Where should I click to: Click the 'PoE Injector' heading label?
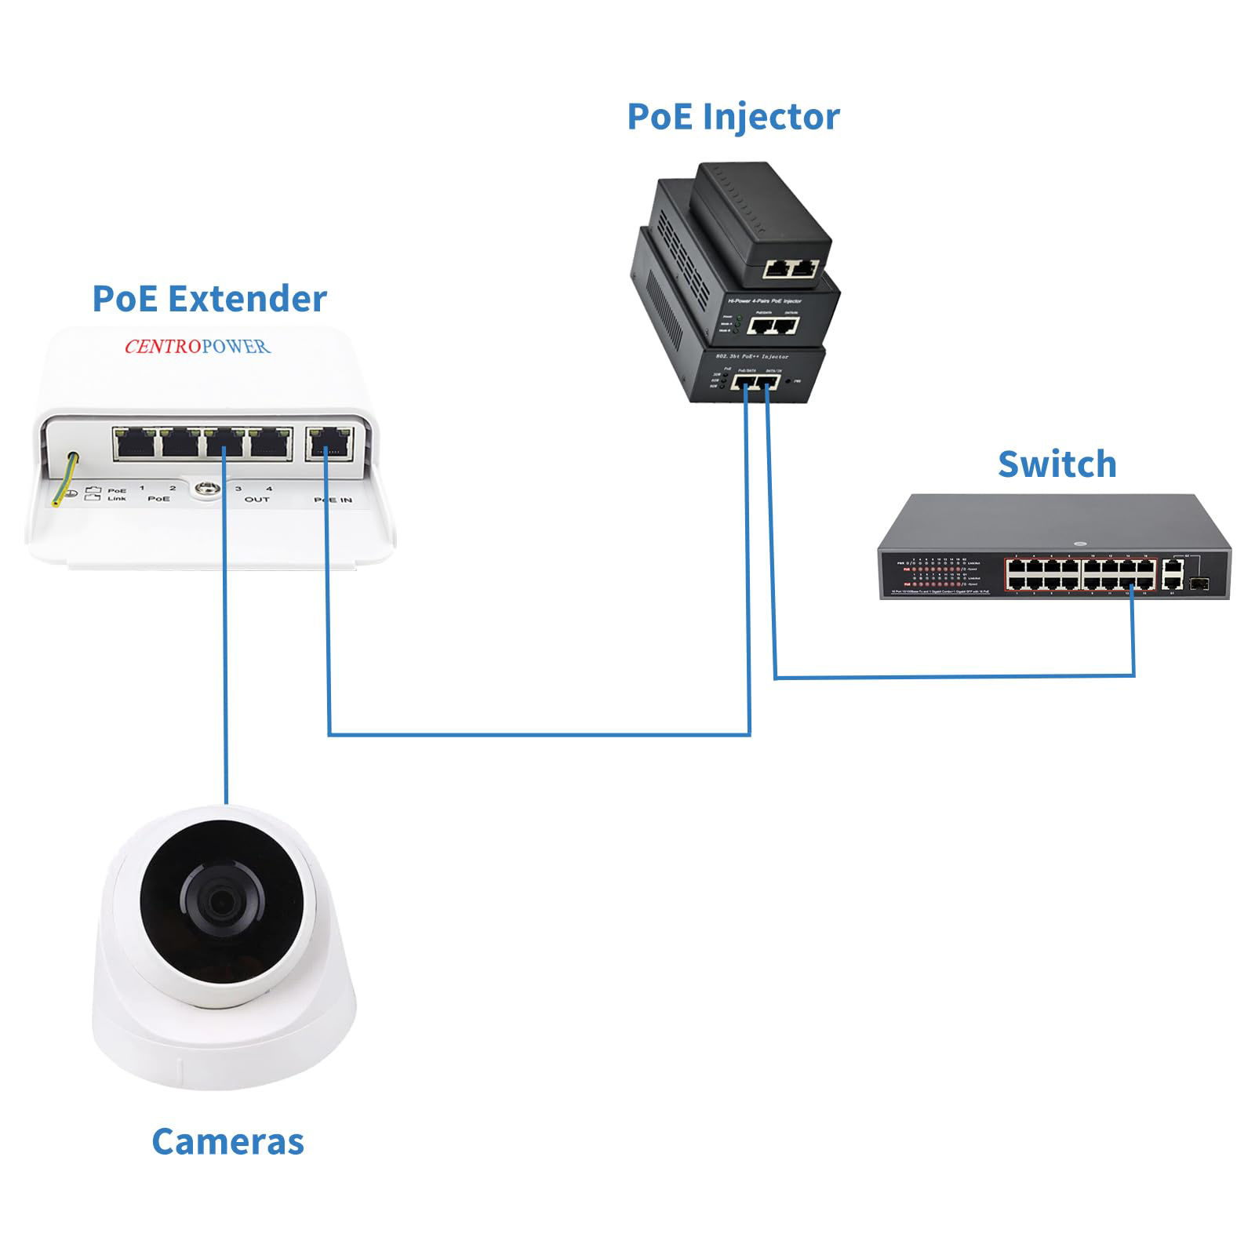coord(733,117)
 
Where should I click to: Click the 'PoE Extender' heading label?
coord(209,299)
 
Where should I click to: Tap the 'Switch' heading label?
coord(1057,464)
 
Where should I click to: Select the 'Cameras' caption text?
coord(227,1141)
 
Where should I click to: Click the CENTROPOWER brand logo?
coord(198,346)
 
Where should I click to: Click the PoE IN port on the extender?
coord(329,443)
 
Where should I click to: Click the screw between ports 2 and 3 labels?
coord(206,488)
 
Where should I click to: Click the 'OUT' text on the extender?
coord(256,500)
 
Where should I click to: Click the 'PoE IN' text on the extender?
coord(333,500)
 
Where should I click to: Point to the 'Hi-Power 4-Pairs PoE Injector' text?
coord(765,301)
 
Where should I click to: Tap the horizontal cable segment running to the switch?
coord(953,676)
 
